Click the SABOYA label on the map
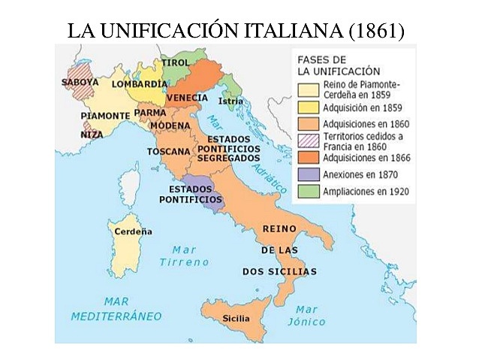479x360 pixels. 80,80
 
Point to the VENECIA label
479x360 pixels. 187,98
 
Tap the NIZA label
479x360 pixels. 92,135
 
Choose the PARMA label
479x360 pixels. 150,113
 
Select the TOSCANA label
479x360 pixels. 169,151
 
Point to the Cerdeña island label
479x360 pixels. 133,231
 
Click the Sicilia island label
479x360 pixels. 236,319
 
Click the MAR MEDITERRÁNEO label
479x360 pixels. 116,308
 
